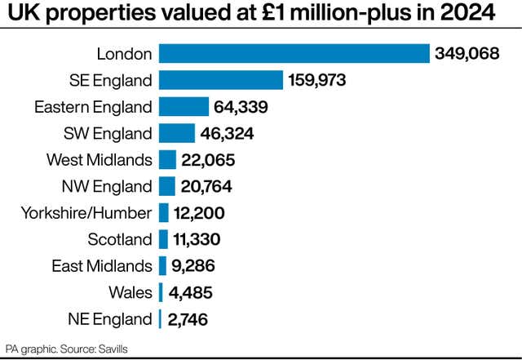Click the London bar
pos(294,54)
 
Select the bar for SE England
pos(221,80)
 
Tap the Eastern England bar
pos(184,107)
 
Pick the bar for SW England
pos(177,133)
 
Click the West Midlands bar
pos(167,159)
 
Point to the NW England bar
pos(166,186)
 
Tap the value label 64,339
pos(241,107)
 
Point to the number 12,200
pos(198,213)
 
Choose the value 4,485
pos(191,292)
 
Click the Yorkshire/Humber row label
pos(86,213)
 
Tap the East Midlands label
pos(102,266)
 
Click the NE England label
pos(113,318)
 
